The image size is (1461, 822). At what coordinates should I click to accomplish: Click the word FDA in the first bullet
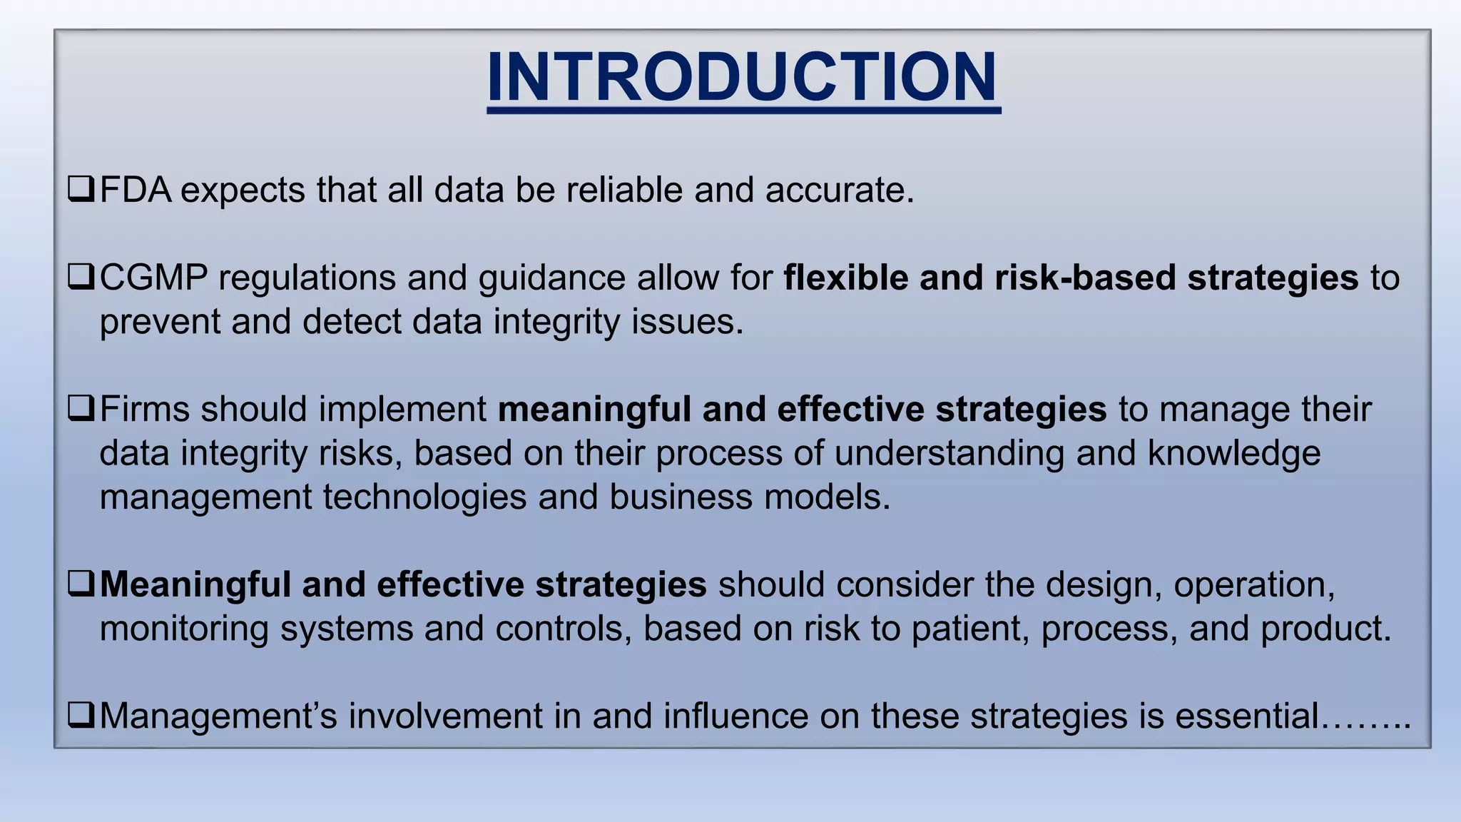point(136,191)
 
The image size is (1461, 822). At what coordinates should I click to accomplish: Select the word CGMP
point(153,278)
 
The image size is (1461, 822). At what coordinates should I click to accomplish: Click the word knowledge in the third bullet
point(1233,454)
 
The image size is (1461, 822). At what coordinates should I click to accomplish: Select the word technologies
point(424,497)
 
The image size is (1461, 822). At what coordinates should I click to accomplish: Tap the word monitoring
point(183,629)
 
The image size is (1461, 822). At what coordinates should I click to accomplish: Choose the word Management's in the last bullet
point(218,716)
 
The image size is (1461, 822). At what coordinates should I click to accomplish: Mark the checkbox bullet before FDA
point(81,189)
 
